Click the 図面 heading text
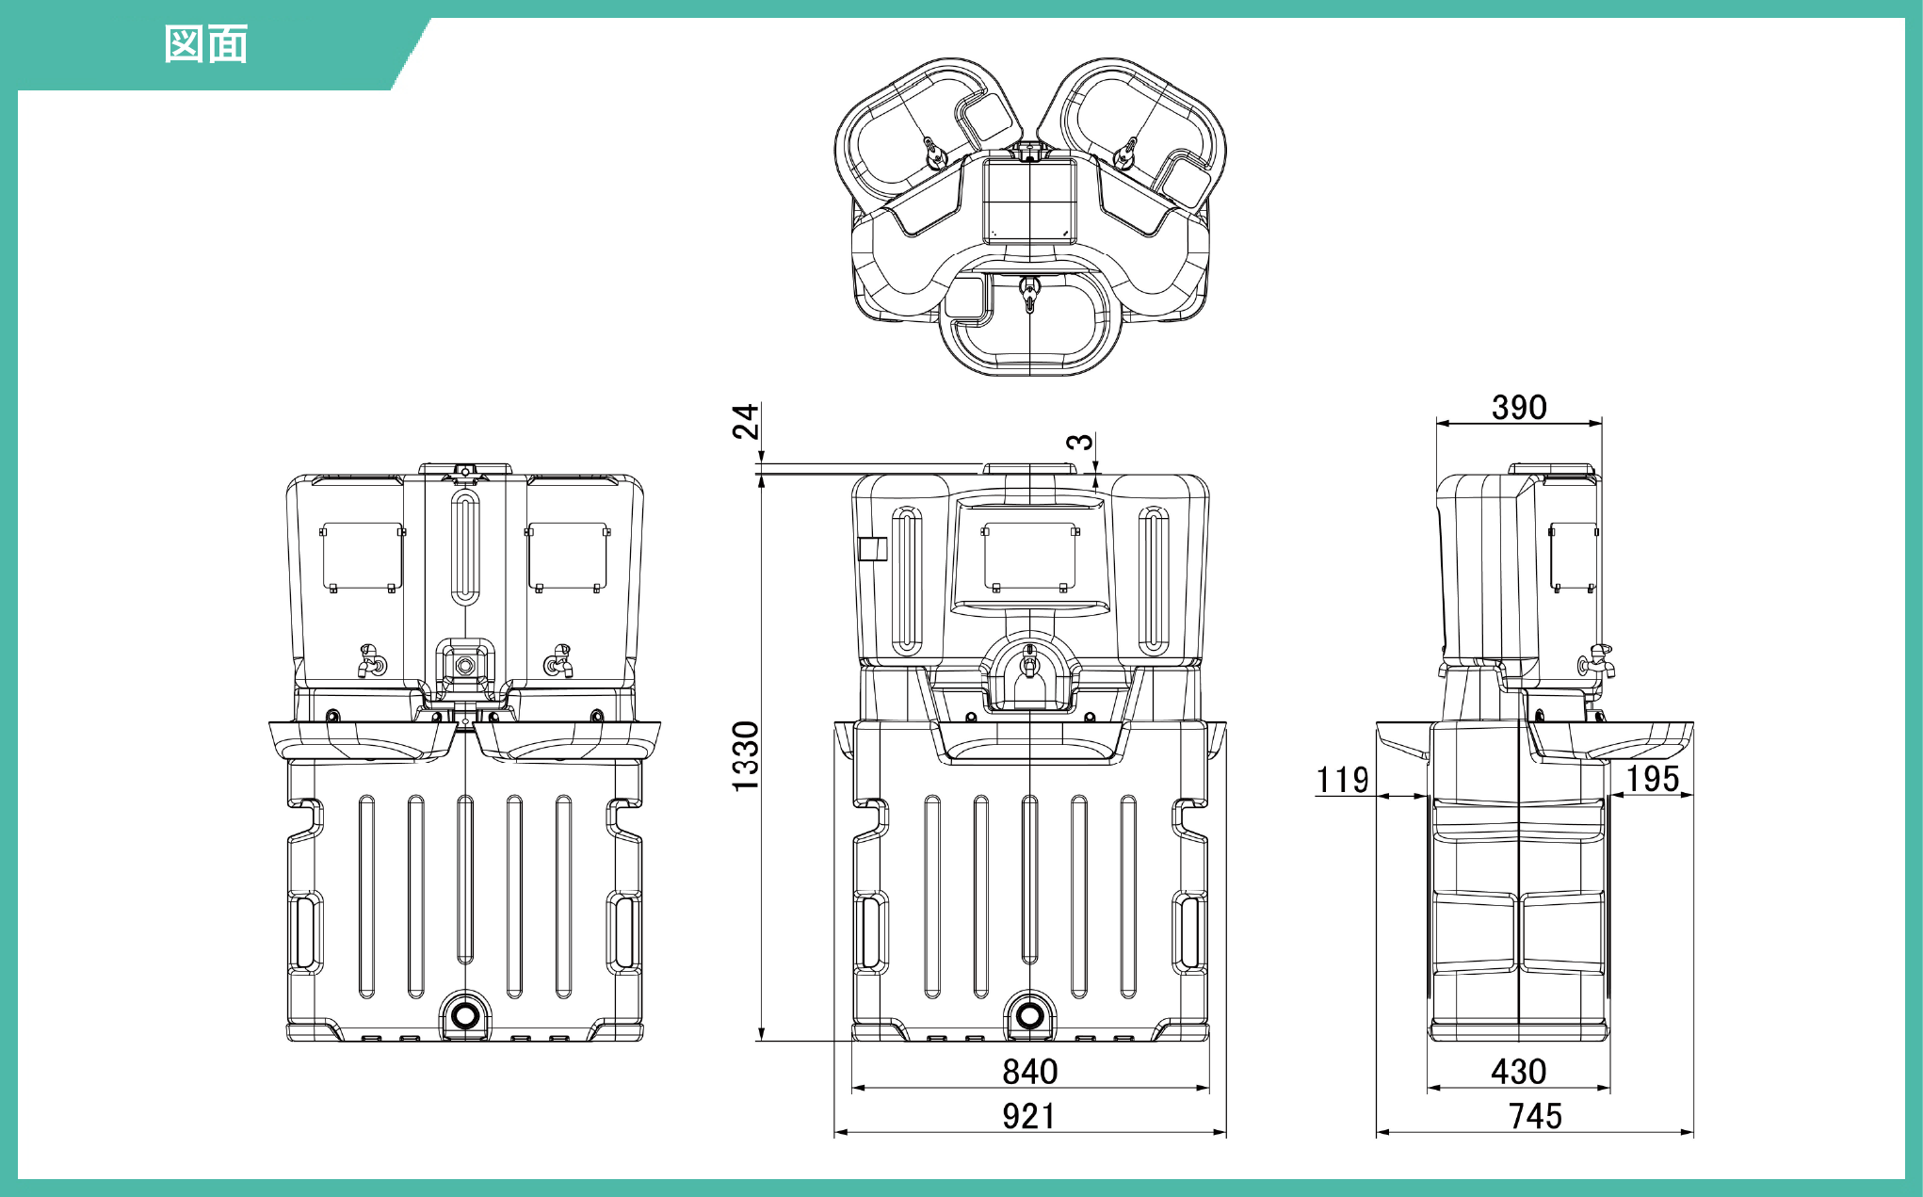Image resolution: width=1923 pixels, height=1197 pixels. coord(206,44)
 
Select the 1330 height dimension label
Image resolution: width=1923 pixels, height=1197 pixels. coord(746,756)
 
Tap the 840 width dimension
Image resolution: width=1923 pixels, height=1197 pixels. coord(1030,1072)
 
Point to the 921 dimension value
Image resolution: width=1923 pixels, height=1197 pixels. coord(1028,1117)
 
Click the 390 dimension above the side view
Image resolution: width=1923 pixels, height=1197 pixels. coord(1519,408)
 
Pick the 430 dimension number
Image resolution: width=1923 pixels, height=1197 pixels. coord(1519,1072)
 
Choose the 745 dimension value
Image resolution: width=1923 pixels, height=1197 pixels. coord(1536,1117)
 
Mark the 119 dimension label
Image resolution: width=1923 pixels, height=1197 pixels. coord(1342,780)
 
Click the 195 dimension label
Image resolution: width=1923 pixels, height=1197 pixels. coord(1653,779)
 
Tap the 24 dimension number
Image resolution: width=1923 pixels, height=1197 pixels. coord(746,421)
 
